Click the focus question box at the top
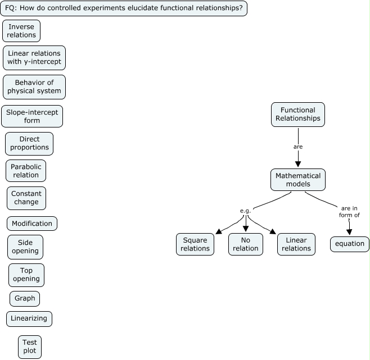(x=124, y=8)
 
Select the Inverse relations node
(x=21, y=31)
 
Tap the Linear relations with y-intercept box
(x=34, y=57)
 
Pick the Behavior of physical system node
(x=34, y=87)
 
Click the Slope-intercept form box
(x=32, y=116)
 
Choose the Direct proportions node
(x=29, y=144)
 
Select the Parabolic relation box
(x=26, y=171)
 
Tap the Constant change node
(x=26, y=198)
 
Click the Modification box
(x=32, y=224)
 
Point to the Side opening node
(x=25, y=247)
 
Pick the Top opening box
(x=26, y=275)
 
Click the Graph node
(x=25, y=299)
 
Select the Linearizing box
(x=30, y=319)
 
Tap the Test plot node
(x=30, y=347)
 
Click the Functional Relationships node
(x=298, y=115)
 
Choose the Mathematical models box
(x=298, y=180)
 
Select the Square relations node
(x=195, y=244)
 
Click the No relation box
(x=246, y=244)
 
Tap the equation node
(x=350, y=244)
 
